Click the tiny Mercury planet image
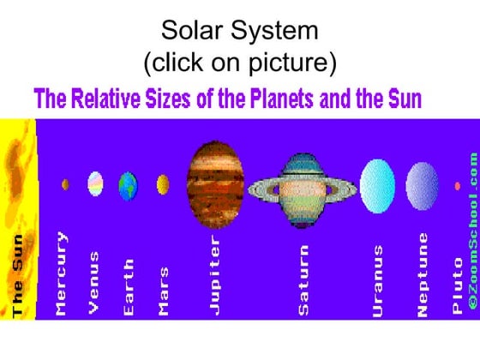click(65, 183)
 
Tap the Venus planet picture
click(95, 183)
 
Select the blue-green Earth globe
click(128, 184)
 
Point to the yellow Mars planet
click(163, 184)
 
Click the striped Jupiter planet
click(215, 185)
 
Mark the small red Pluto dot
click(458, 185)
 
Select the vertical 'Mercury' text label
click(61, 273)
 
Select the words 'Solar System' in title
click(240, 32)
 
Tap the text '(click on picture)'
click(240, 63)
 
